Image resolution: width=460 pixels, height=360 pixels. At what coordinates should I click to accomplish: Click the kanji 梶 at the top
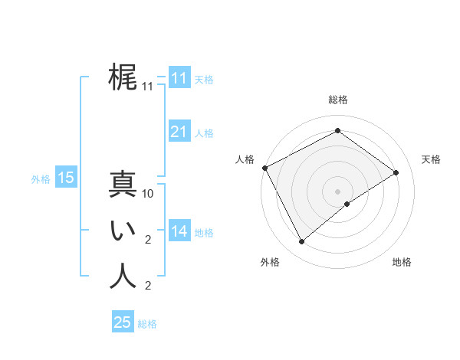(x=123, y=77)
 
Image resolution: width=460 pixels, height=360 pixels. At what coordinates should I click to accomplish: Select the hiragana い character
(x=123, y=231)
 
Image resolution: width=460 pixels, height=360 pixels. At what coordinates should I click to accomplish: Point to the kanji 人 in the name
(x=123, y=277)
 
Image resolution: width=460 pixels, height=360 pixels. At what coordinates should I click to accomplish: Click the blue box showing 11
(x=179, y=78)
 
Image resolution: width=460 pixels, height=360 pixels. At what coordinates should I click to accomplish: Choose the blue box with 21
(x=179, y=132)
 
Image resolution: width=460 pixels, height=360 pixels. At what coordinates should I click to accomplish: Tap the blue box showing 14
(x=179, y=231)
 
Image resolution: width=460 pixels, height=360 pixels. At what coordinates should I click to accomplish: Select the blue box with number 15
(x=65, y=178)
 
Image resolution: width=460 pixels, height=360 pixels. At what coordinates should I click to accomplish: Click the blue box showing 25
(x=123, y=322)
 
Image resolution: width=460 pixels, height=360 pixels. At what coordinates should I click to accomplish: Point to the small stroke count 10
(x=148, y=194)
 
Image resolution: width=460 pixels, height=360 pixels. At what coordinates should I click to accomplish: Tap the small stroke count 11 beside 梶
(x=148, y=87)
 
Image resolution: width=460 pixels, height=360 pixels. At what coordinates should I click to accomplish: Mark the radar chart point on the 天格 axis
(x=396, y=172)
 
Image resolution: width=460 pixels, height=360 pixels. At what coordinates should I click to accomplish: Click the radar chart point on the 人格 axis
(x=264, y=168)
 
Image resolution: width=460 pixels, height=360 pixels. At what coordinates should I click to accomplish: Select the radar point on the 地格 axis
(x=348, y=204)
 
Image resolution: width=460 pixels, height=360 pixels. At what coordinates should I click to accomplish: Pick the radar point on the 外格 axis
(x=301, y=241)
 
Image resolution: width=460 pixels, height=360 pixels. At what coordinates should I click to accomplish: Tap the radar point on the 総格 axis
(x=337, y=131)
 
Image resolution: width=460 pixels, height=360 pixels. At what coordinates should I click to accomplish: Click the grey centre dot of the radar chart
(x=337, y=190)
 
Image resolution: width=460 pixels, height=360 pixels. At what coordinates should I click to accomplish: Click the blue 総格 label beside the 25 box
(x=147, y=324)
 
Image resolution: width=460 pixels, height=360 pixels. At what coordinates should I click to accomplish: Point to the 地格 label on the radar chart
(x=402, y=262)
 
